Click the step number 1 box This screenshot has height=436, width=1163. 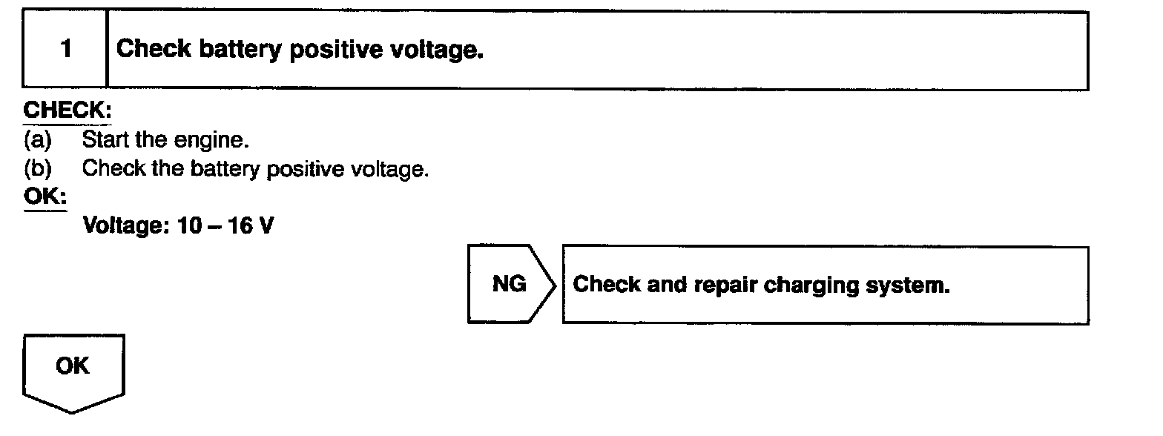click(x=65, y=50)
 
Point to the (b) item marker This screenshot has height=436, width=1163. click(x=37, y=168)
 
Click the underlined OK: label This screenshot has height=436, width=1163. click(x=45, y=198)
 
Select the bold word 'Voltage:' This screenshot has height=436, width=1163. click(x=127, y=225)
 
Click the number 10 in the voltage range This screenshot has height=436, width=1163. click(x=189, y=225)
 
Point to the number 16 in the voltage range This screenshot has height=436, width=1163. click(x=240, y=225)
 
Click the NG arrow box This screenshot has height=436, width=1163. click(x=510, y=285)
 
